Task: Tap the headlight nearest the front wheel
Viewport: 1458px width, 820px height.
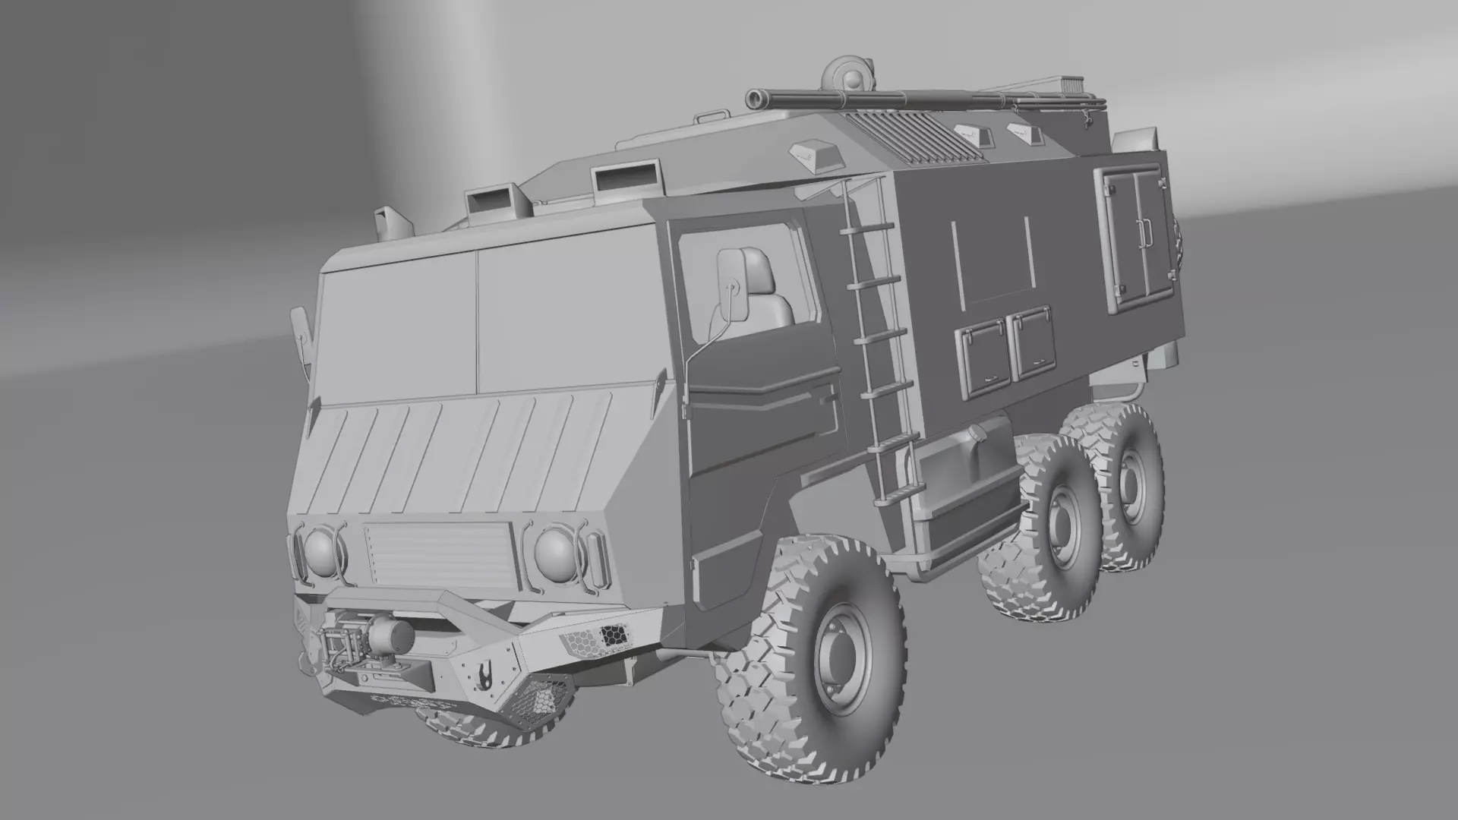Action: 554,553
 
